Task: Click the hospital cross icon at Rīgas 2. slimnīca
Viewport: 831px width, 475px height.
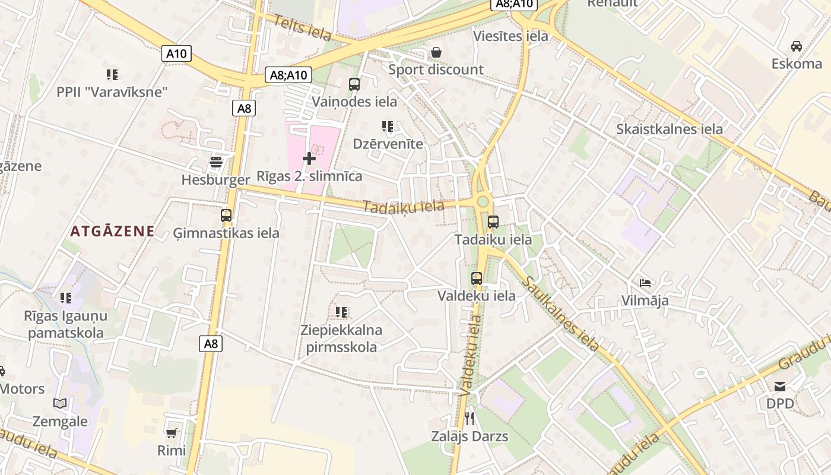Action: click(309, 159)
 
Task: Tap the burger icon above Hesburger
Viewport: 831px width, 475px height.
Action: click(216, 162)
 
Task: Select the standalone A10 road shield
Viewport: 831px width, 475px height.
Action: click(176, 53)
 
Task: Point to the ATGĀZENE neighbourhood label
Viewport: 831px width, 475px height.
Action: click(112, 232)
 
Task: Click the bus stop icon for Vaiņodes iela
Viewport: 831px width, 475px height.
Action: click(354, 84)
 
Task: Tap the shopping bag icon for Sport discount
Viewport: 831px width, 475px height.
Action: click(436, 52)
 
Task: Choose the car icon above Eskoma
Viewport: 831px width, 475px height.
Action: click(797, 46)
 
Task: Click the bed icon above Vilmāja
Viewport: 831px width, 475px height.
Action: click(645, 283)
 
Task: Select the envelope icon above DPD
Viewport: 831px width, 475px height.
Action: click(780, 387)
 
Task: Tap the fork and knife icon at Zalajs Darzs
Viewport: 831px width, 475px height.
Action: click(470, 419)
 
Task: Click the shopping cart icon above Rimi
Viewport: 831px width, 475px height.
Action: click(172, 433)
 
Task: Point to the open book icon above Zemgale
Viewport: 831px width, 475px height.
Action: click(60, 404)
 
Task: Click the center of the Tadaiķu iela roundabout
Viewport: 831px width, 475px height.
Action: click(483, 202)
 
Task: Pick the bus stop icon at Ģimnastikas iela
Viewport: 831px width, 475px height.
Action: click(226, 216)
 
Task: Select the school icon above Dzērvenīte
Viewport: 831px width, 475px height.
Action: click(388, 126)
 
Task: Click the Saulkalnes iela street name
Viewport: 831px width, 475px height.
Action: click(562, 313)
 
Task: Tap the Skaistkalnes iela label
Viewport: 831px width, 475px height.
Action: click(670, 129)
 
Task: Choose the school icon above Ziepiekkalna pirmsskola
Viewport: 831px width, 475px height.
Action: click(341, 312)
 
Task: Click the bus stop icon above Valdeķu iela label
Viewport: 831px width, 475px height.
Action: click(477, 278)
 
